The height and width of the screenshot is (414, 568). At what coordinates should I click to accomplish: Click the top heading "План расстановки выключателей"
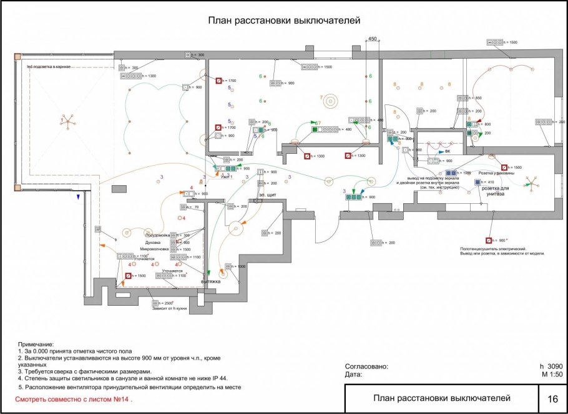click(285, 21)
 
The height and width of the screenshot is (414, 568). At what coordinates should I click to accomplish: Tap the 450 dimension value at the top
click(373, 39)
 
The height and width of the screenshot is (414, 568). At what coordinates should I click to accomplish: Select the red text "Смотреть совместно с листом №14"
click(73, 399)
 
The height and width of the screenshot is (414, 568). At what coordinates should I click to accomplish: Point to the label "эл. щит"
click(267, 195)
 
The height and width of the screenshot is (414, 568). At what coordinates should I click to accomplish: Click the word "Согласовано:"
click(366, 366)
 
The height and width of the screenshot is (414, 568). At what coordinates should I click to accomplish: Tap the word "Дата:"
click(354, 374)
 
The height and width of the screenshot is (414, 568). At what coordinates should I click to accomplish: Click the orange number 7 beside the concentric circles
click(321, 98)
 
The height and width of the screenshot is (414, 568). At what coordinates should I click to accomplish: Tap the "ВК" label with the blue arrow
click(447, 151)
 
